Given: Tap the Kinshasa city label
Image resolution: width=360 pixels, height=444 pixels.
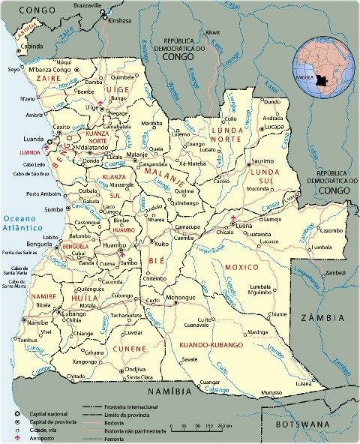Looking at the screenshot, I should click(119, 21).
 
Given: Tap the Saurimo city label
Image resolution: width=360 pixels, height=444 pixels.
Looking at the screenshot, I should click(262, 160).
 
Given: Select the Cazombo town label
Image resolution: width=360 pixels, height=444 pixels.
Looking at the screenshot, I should click(330, 229).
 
